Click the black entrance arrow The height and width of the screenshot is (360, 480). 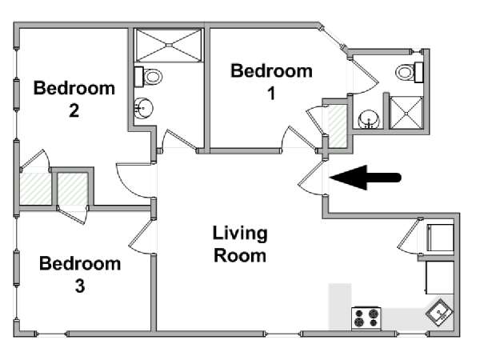(x=366, y=178)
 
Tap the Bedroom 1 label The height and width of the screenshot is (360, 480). (x=271, y=82)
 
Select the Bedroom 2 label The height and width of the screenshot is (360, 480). (x=74, y=99)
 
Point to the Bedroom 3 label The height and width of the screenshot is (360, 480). (x=80, y=274)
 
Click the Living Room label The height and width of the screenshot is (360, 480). (x=240, y=244)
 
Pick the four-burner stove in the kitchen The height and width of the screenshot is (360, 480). (x=366, y=318)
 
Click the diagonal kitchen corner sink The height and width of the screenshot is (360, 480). (x=440, y=313)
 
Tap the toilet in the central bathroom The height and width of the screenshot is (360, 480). (x=149, y=77)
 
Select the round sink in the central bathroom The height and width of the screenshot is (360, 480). (x=143, y=108)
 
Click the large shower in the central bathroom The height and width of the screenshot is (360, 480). (x=169, y=46)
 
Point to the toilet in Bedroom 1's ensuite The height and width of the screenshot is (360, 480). (x=410, y=72)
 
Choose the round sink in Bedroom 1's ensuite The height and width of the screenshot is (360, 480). (x=369, y=119)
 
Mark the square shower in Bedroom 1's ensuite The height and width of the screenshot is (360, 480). (x=406, y=113)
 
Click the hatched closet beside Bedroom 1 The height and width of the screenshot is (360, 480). (x=337, y=126)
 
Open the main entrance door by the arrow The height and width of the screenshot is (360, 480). (x=312, y=178)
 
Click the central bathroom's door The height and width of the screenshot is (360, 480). (x=178, y=141)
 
